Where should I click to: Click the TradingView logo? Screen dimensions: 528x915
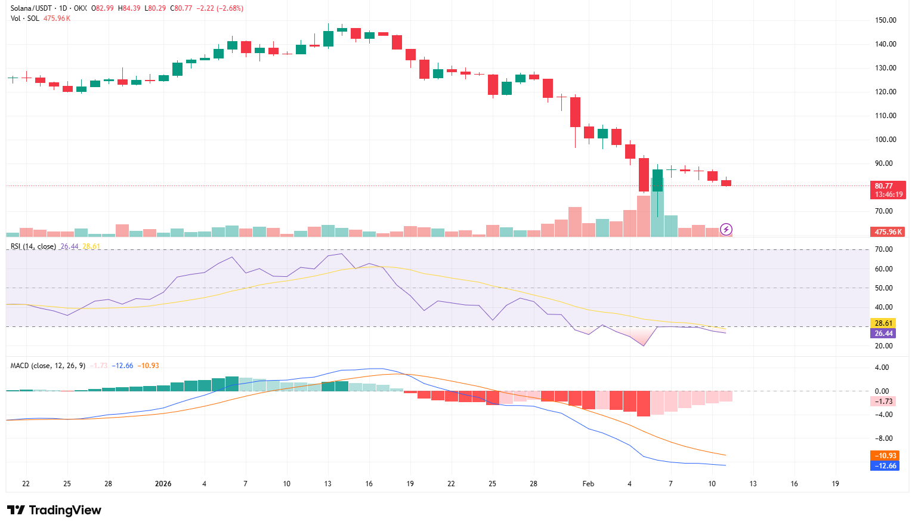tap(54, 510)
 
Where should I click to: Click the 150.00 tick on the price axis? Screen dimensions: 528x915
tap(885, 20)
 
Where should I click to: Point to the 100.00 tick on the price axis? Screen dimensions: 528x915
tap(885, 140)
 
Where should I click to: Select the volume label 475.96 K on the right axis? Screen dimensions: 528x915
tap(888, 231)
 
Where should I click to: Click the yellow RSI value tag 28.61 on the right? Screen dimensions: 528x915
tap(883, 323)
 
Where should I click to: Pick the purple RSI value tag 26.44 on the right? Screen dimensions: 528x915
tap(883, 334)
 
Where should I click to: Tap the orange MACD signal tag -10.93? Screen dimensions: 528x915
tap(885, 456)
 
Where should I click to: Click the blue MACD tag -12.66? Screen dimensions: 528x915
tap(885, 466)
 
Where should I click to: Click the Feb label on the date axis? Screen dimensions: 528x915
tap(588, 484)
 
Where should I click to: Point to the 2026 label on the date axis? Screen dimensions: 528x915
tap(163, 484)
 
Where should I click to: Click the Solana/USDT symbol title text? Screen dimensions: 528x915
tap(29, 8)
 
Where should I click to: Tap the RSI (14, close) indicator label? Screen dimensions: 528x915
tap(33, 246)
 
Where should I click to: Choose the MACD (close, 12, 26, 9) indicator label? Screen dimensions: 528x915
tap(48, 366)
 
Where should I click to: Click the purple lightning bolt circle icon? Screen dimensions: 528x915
tap(726, 229)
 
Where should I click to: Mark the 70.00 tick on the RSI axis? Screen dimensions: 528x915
tap(883, 249)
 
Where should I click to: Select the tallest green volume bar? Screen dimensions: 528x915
tap(657, 206)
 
